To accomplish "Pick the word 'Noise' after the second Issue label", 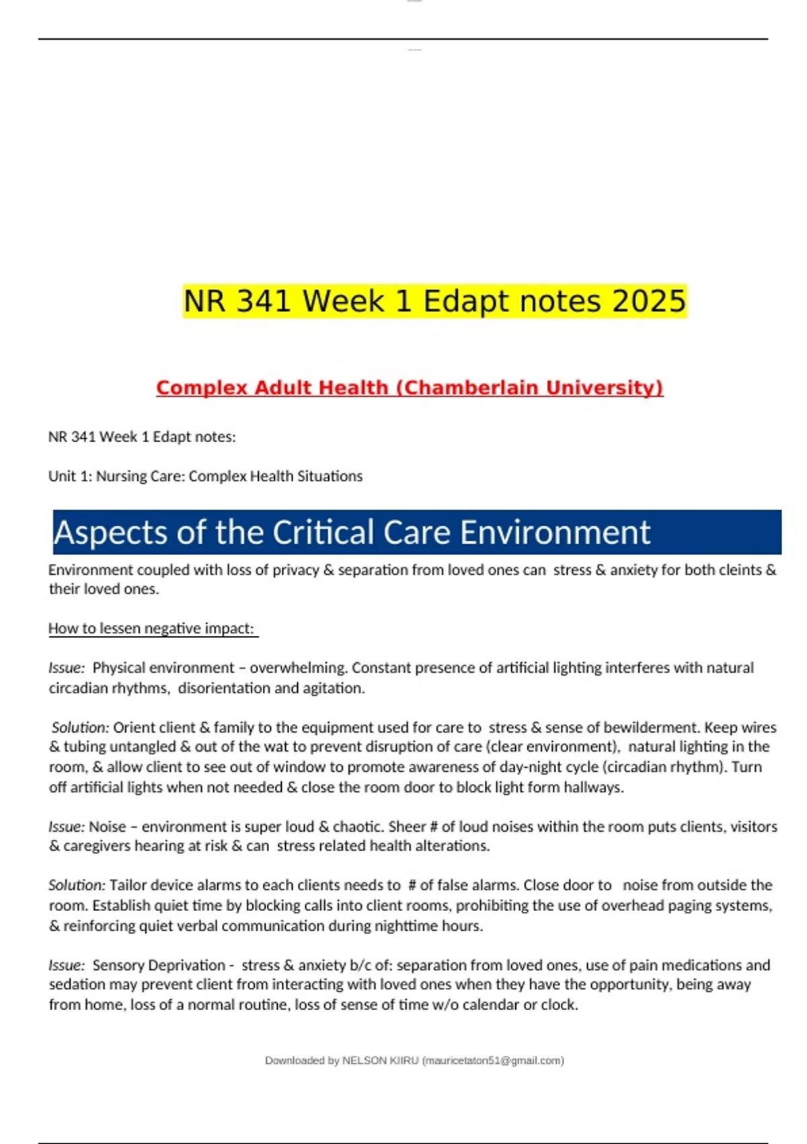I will pyautogui.click(x=107, y=826).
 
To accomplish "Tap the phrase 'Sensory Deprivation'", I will pyautogui.click(x=159, y=965).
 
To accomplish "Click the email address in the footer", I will pyautogui.click(x=493, y=1061).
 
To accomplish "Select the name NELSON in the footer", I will pyautogui.click(x=364, y=1061).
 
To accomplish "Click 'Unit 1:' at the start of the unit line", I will pyautogui.click(x=70, y=476).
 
